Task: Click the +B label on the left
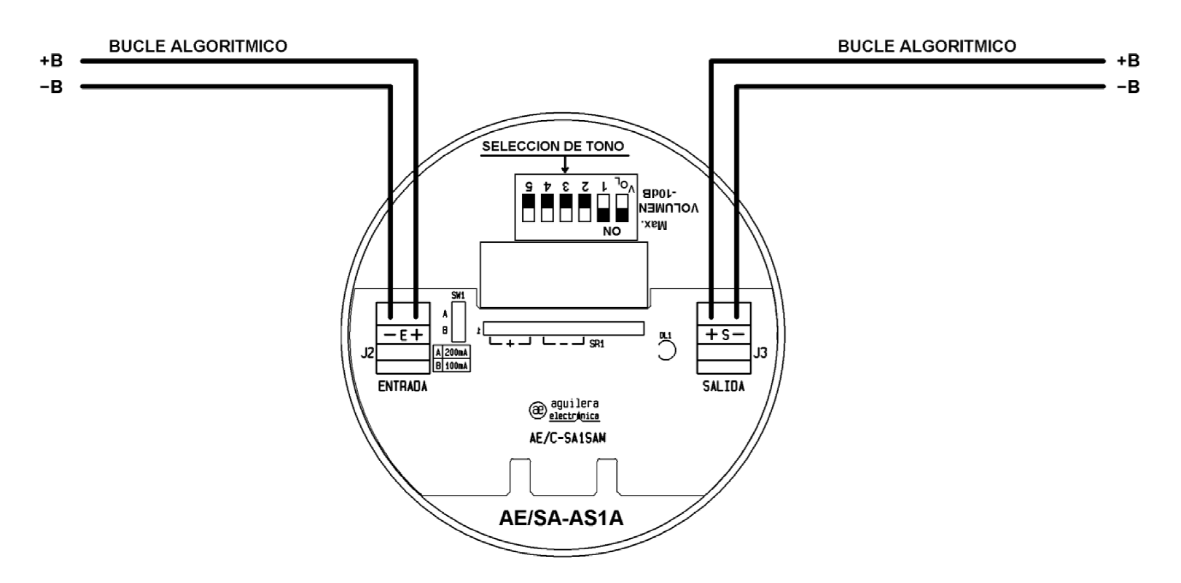(x=51, y=61)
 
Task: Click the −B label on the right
(x=1128, y=87)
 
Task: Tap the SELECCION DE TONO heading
(x=553, y=146)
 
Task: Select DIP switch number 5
(x=528, y=208)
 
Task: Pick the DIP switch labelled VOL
(x=622, y=208)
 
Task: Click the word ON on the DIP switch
(x=612, y=231)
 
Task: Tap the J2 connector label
(x=367, y=353)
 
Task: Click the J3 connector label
(x=760, y=353)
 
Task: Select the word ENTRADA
(x=403, y=387)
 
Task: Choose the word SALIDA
(x=723, y=387)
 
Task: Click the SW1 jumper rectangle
(x=458, y=322)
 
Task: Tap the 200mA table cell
(x=456, y=352)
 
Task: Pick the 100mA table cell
(x=456, y=366)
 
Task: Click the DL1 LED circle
(x=666, y=351)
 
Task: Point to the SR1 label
(x=597, y=344)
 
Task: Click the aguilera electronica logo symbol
(x=538, y=410)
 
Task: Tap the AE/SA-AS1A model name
(x=561, y=518)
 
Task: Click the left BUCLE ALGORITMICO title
(x=198, y=46)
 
